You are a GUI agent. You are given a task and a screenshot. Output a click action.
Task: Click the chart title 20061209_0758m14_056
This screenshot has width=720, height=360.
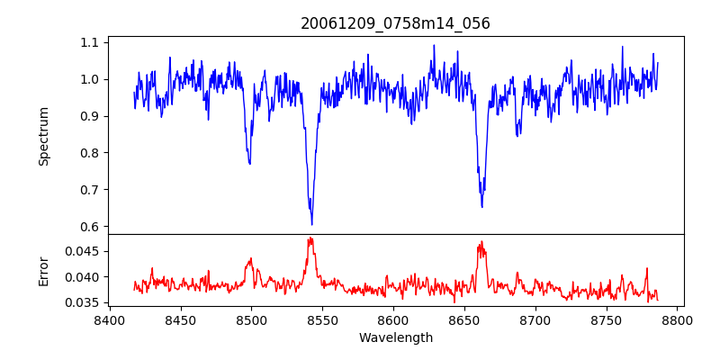tap(395, 23)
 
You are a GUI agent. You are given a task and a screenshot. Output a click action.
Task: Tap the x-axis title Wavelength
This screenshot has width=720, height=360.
tap(395, 338)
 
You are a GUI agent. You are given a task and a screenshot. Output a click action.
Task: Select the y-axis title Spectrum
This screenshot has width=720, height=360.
tap(43, 136)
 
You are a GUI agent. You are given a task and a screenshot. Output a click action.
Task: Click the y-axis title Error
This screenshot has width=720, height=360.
tap(43, 271)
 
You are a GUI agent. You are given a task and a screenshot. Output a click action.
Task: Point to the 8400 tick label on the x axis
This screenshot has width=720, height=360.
tap(109, 319)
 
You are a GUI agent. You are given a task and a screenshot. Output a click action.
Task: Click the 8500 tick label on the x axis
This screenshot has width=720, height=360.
tap(251, 319)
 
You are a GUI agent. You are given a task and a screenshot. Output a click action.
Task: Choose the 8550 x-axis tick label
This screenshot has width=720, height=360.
tap(322, 319)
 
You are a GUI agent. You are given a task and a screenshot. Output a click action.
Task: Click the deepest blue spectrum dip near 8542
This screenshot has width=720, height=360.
tap(311, 224)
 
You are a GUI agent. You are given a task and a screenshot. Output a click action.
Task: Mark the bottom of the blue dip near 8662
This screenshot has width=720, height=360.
tap(481, 207)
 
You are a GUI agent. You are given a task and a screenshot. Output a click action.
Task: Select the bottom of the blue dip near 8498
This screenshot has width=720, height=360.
tap(249, 164)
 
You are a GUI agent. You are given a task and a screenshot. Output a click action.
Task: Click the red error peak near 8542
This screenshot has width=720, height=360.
tap(310, 238)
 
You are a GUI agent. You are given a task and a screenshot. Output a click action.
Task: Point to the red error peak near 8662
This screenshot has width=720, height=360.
tap(481, 241)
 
